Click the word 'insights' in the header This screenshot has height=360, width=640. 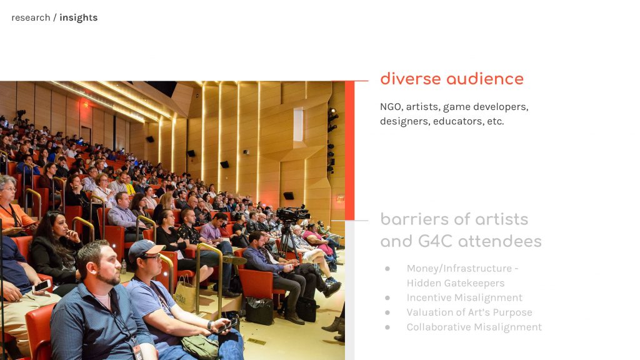coord(78,17)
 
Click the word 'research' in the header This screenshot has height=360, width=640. coord(31,17)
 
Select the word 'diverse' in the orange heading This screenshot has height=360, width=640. coord(411,79)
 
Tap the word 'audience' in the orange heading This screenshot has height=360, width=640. coord(485,79)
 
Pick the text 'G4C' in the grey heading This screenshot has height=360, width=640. coord(436,241)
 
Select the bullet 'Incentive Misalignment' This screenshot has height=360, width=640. coord(464,297)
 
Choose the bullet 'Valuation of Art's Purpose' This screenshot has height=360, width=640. coord(469,312)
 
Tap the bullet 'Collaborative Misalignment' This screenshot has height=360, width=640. coord(474,327)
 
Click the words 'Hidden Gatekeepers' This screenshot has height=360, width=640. coord(456,283)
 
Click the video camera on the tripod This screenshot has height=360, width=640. coord(292,214)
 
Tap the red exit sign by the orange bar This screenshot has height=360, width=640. coord(341,199)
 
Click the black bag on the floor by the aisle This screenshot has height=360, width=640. coord(259,311)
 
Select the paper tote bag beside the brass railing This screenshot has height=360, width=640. coord(185,294)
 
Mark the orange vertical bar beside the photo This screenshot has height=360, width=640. coord(349,151)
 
